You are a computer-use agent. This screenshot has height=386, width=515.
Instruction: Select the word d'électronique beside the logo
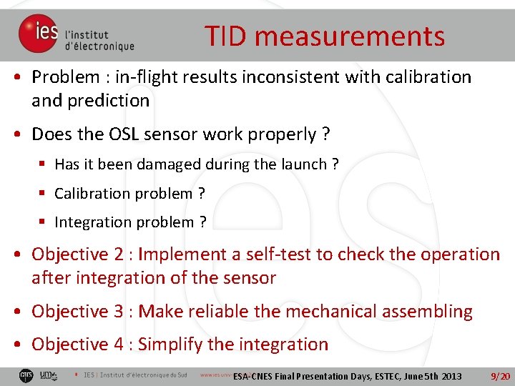pyautogui.click(x=99, y=46)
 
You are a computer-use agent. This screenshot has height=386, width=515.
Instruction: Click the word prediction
pyautogui.click(x=108, y=101)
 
